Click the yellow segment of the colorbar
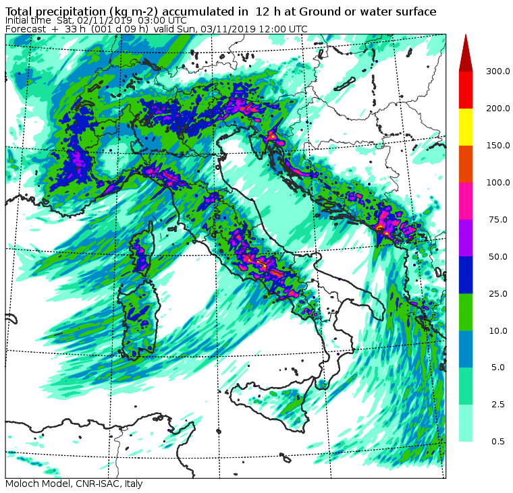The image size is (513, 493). [x=466, y=127]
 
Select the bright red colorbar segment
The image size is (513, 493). [x=466, y=90]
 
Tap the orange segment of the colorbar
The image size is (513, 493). [x=466, y=164]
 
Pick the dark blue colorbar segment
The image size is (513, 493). [x=466, y=275]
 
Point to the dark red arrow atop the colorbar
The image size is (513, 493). [x=466, y=54]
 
